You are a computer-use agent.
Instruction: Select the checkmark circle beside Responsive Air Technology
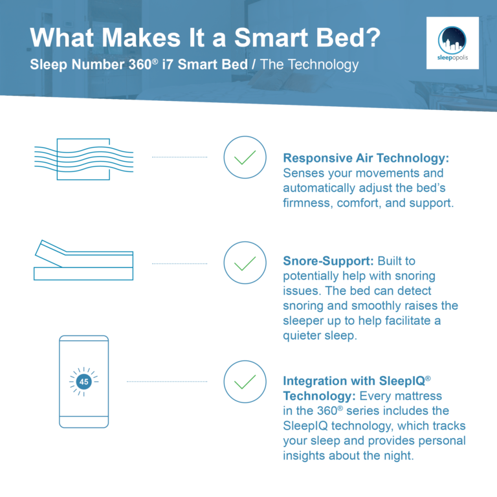[245, 157]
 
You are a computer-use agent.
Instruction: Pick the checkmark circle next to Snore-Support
[245, 264]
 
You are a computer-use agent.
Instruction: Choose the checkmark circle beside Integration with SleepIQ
[245, 382]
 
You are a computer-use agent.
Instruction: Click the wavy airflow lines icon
[83, 159]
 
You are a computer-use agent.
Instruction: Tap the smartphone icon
[83, 381]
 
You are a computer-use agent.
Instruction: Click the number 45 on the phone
[83, 382]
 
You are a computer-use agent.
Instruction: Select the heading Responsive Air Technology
[366, 158]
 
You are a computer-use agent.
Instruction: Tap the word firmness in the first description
[307, 204]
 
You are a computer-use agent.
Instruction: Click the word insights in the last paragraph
[304, 456]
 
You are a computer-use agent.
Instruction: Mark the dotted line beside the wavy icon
[179, 157]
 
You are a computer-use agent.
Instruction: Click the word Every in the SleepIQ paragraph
[374, 395]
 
